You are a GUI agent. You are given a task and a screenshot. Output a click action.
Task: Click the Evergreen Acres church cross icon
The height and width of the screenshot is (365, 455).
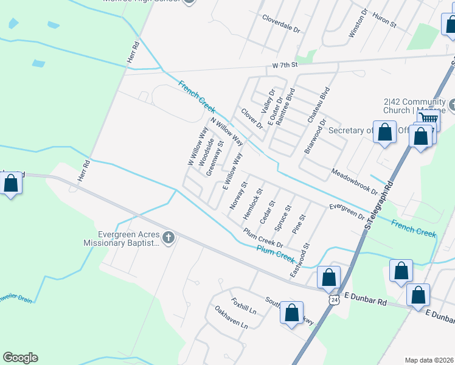(168, 237)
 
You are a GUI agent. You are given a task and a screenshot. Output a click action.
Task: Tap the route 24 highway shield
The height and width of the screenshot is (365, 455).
(333, 301)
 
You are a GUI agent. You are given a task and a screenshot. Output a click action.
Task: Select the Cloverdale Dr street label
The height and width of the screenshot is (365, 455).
(282, 23)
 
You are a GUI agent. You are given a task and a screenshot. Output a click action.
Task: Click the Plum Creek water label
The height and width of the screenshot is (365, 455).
(275, 253)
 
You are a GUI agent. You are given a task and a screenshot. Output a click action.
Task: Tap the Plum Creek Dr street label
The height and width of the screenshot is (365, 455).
(263, 237)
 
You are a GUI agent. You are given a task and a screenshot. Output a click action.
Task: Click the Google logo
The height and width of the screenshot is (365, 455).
(20, 358)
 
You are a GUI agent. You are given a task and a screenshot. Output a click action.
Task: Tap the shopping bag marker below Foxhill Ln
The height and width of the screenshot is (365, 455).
(292, 313)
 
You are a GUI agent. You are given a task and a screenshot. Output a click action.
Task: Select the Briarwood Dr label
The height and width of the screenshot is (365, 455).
(315, 136)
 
